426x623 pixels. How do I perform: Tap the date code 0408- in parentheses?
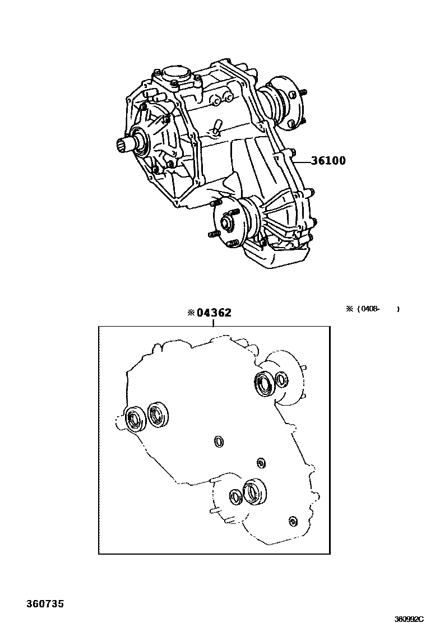coord(371,309)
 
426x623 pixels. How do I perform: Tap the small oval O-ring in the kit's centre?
coord(219,442)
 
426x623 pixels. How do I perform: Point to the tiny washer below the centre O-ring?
coord(260,462)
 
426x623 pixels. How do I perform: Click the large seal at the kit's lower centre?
coord(255,491)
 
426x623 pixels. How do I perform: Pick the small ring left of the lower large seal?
coord(235,495)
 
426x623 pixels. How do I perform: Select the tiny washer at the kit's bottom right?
coord(292,522)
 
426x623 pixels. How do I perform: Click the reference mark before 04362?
coord(192,313)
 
